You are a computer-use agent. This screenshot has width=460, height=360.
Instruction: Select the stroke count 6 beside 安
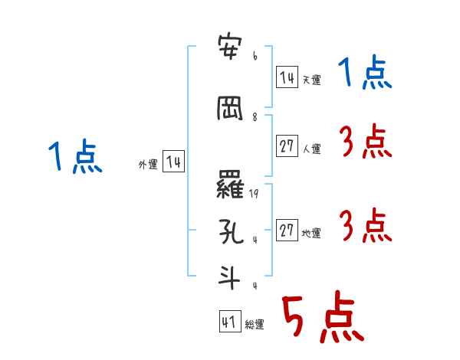pos(254,56)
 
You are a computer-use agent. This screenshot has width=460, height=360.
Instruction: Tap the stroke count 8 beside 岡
pos(254,117)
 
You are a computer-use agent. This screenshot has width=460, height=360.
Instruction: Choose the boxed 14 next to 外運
pos(173,162)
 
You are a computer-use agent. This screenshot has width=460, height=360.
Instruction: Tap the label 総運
pos(255,325)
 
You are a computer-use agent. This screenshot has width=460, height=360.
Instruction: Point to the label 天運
pos(311,80)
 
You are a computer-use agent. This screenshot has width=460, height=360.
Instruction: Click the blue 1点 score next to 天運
pos(364,74)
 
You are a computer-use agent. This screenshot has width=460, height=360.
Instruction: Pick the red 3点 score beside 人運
pos(365,141)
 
